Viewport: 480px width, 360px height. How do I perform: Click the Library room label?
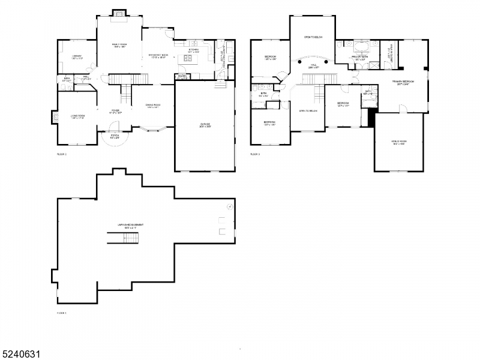pos(77,57)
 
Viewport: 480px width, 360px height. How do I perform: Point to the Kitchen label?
pos(193,52)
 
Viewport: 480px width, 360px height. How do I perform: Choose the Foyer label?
pos(116,111)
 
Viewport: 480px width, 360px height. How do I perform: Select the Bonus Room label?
pos(399,142)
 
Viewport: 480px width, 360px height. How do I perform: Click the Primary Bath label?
pos(361,58)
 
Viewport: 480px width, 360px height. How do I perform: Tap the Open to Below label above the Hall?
pos(313,37)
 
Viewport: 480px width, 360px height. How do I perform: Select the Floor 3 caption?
pos(255,154)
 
